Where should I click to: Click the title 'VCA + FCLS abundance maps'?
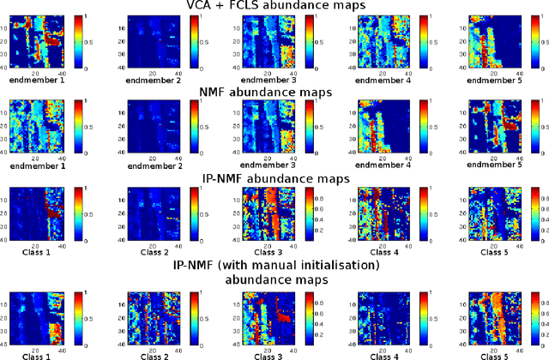[274, 7]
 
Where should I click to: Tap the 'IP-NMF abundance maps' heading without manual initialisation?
[274, 179]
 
